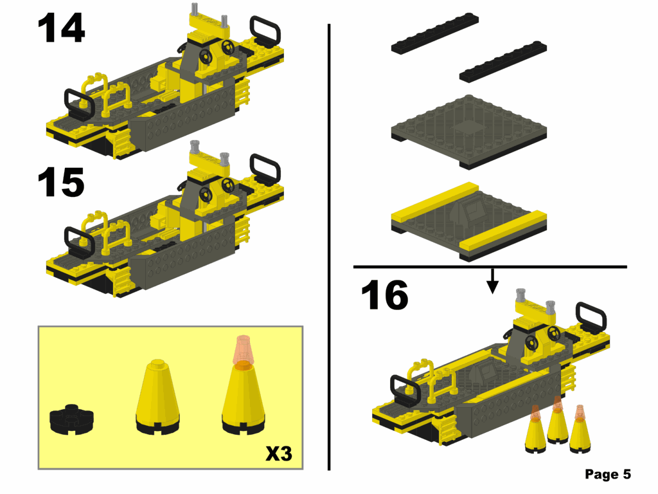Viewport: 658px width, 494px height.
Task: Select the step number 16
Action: point(384,296)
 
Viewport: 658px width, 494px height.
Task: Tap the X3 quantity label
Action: point(279,454)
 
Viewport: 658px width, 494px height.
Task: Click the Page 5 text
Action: point(608,475)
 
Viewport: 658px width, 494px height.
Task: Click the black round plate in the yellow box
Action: point(73,419)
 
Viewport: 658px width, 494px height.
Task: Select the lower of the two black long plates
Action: point(504,62)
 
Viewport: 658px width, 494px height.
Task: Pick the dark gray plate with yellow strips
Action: point(470,222)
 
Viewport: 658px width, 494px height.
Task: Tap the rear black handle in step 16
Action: point(591,315)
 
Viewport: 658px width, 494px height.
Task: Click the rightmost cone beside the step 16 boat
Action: point(581,429)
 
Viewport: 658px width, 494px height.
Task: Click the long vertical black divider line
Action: point(329,244)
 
